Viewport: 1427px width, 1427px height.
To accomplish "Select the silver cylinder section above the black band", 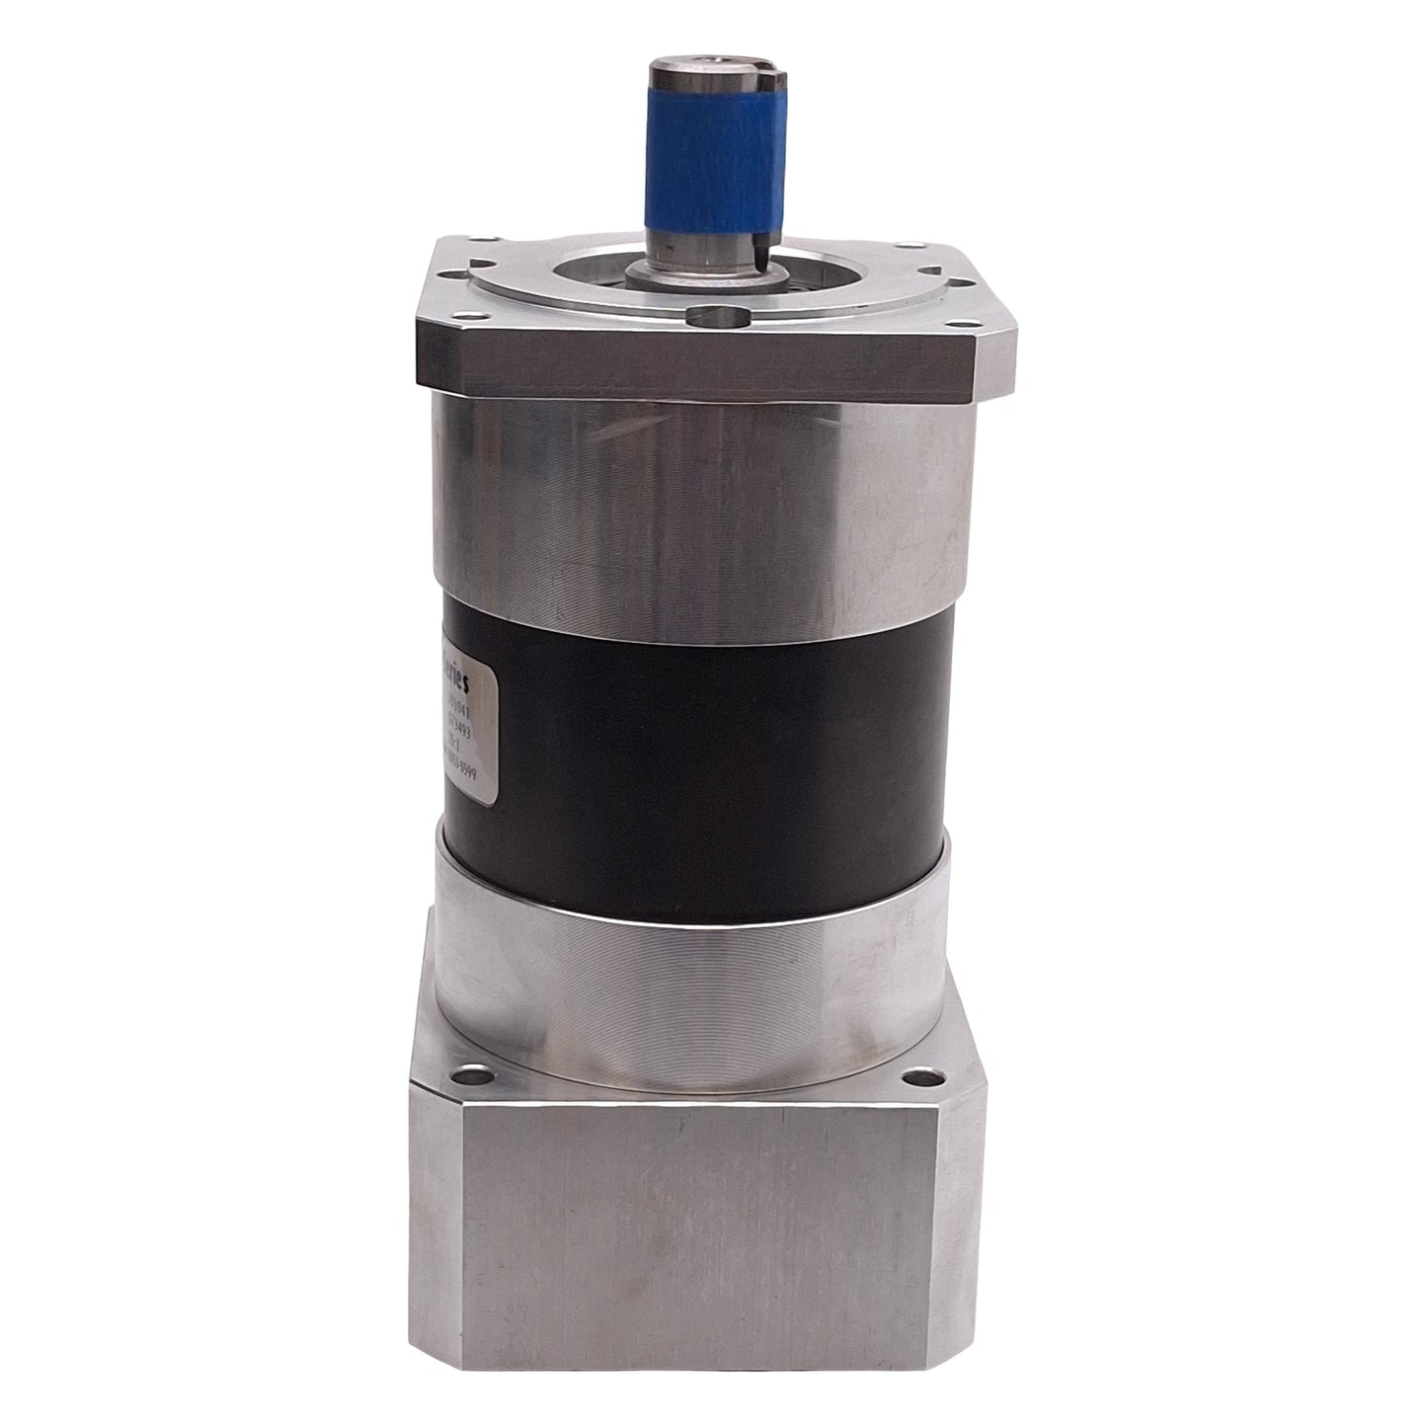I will point(711,494).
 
